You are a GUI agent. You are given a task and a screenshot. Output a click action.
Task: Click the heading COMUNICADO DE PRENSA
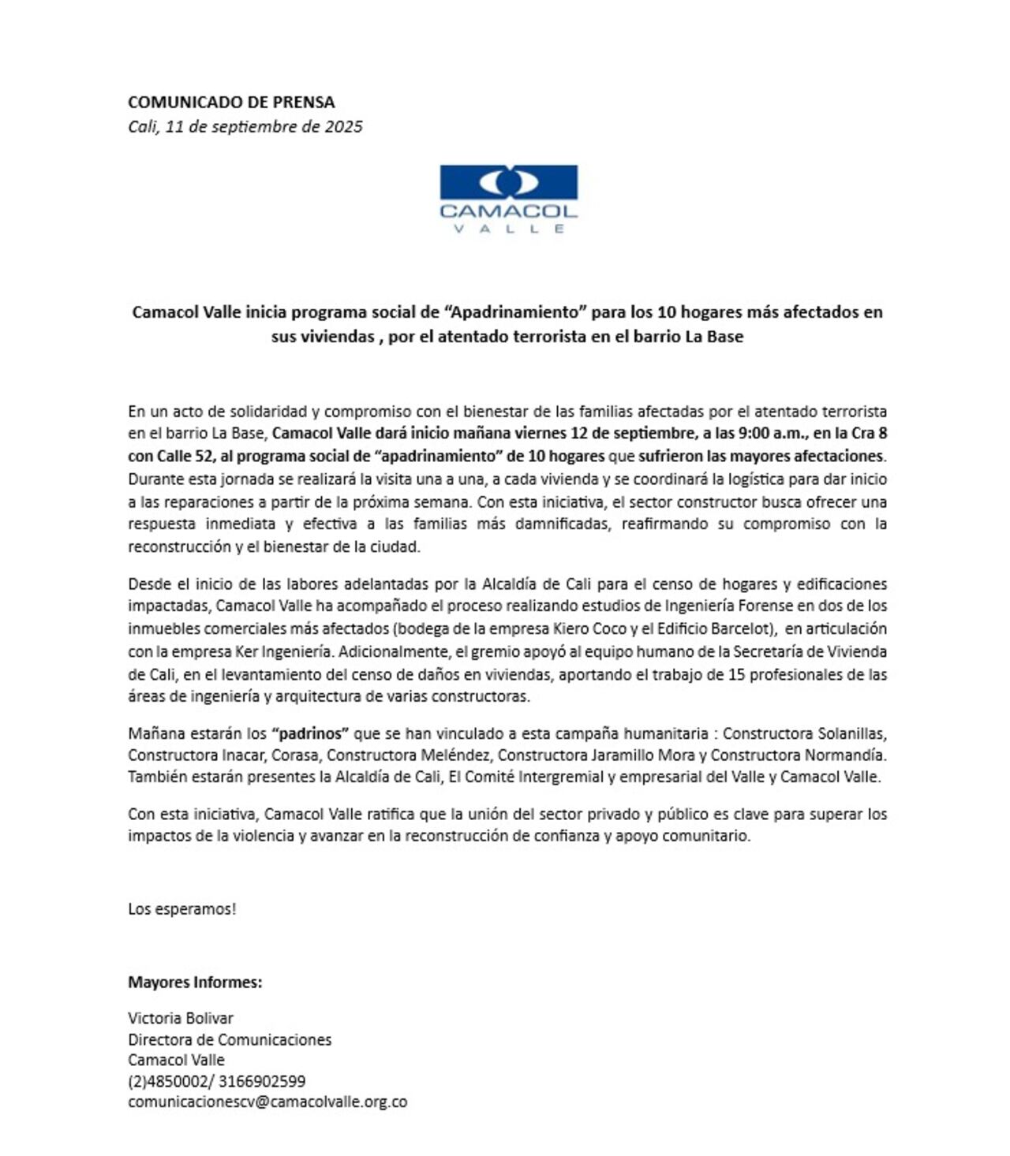coord(231,102)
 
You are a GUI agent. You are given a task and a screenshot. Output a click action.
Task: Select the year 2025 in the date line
coord(343,126)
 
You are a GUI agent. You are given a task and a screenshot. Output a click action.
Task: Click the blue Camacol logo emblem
coord(508,182)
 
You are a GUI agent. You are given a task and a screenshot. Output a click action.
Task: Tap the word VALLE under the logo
coord(508,229)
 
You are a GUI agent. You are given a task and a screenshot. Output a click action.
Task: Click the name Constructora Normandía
coord(798,755)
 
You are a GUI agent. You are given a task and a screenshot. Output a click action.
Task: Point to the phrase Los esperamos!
coord(182,908)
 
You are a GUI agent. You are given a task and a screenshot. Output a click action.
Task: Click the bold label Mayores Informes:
coord(195,982)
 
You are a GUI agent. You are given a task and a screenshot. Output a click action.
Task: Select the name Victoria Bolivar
coord(181,1018)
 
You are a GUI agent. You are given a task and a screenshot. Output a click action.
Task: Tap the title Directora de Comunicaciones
coord(230,1039)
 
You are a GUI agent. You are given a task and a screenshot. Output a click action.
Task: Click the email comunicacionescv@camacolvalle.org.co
coord(267,1102)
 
